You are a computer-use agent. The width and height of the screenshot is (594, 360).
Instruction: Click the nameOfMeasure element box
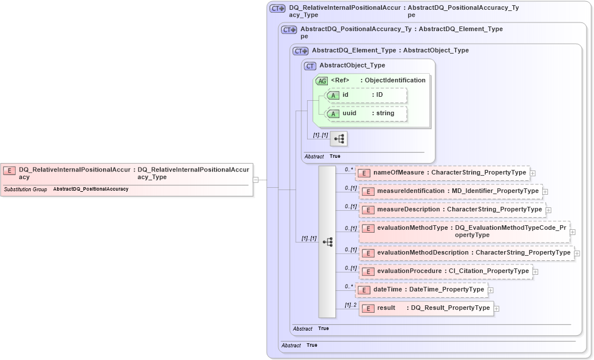[x=442, y=172]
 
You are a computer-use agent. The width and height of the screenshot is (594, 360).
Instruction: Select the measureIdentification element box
[x=451, y=191]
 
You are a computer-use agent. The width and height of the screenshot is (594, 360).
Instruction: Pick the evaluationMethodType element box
[x=464, y=232]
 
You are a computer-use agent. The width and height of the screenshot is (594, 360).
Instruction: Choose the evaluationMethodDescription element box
[x=466, y=253]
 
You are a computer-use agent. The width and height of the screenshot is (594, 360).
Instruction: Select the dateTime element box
[x=421, y=290]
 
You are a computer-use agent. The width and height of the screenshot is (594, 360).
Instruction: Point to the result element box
[x=426, y=308]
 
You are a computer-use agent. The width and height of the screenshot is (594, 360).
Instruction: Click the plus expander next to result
[x=497, y=309]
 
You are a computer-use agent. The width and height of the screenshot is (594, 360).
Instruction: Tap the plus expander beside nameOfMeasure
[x=533, y=173]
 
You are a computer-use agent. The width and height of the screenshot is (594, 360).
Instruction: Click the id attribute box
[x=366, y=95]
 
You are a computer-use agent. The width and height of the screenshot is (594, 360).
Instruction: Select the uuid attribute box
[x=366, y=113]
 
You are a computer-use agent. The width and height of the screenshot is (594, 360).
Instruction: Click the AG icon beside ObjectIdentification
[x=322, y=81]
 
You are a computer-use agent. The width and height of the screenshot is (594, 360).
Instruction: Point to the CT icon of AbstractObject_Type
[x=311, y=66]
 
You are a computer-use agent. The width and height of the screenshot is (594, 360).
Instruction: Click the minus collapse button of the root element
[x=255, y=180]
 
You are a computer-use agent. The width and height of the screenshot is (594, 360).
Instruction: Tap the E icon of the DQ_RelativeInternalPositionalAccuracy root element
[x=9, y=170]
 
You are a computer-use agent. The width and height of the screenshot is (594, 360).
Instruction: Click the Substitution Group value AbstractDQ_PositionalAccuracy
[x=90, y=189]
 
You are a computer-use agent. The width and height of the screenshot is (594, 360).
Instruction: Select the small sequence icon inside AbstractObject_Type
[x=339, y=139]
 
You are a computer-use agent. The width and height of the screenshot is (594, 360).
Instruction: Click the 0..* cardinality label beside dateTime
[x=349, y=286]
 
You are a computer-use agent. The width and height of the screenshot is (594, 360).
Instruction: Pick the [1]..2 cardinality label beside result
[x=350, y=305]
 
